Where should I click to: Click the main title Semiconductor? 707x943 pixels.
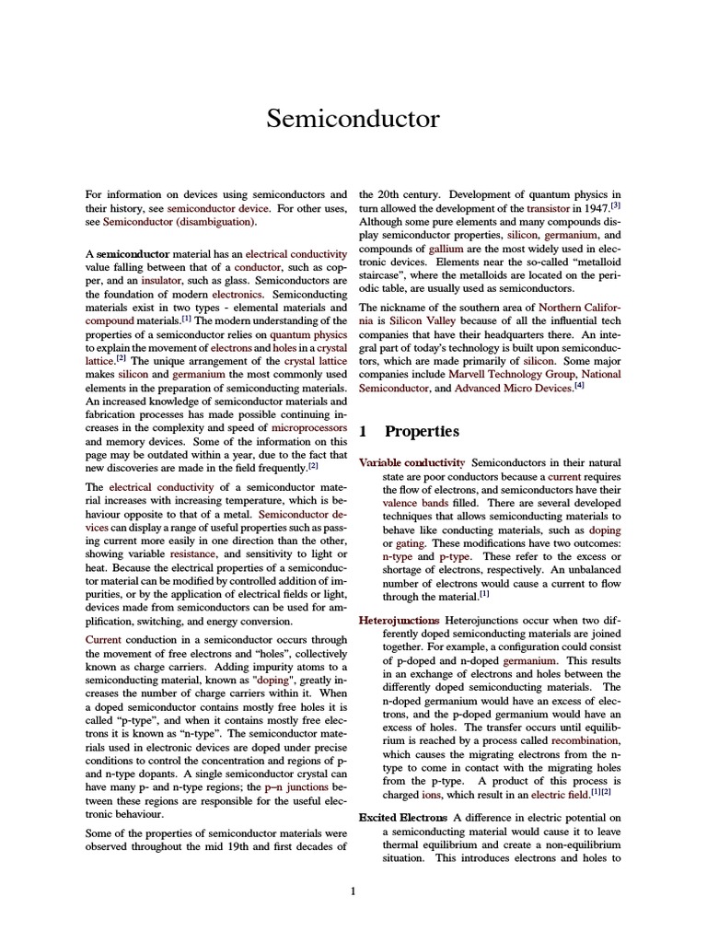pyautogui.click(x=353, y=119)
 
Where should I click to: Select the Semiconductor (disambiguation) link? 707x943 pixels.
pyautogui.click(x=180, y=222)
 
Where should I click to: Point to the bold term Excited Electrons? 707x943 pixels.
pyautogui.click(x=397, y=818)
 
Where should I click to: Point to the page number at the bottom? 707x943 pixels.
pyautogui.click(x=353, y=891)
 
